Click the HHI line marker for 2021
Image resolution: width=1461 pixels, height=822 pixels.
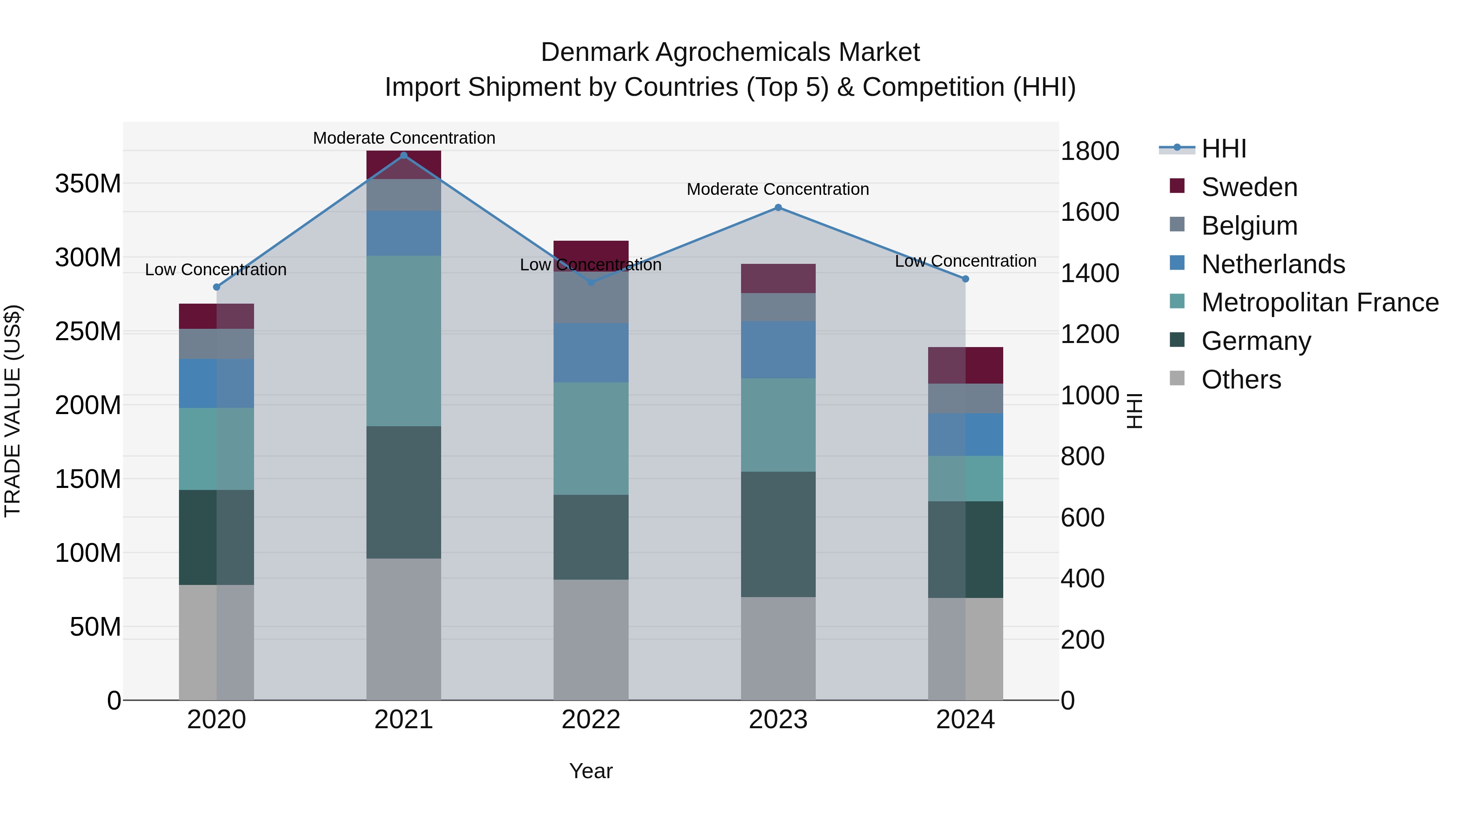point(404,155)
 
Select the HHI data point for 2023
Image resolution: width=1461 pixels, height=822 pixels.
point(778,207)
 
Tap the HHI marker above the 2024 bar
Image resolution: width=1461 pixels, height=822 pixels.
point(965,279)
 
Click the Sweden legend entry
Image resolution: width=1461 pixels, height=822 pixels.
point(1249,187)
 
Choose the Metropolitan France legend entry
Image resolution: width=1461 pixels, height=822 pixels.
point(1319,302)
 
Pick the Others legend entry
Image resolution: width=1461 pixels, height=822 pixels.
point(1241,380)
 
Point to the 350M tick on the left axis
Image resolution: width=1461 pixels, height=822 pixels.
point(88,184)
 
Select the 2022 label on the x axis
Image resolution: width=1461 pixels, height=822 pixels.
point(591,720)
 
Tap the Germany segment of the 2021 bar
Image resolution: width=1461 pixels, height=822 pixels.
point(404,492)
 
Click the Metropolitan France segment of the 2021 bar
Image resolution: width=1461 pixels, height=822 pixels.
point(404,341)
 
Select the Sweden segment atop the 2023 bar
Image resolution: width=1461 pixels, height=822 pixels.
point(778,278)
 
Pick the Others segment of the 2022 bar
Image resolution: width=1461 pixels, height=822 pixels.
point(591,639)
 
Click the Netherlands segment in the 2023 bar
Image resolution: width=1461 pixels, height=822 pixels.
point(778,350)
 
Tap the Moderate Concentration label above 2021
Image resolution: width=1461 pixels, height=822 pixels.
point(404,138)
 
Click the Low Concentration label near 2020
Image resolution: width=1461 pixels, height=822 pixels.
point(215,270)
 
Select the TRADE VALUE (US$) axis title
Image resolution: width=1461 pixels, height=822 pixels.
point(13,411)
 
